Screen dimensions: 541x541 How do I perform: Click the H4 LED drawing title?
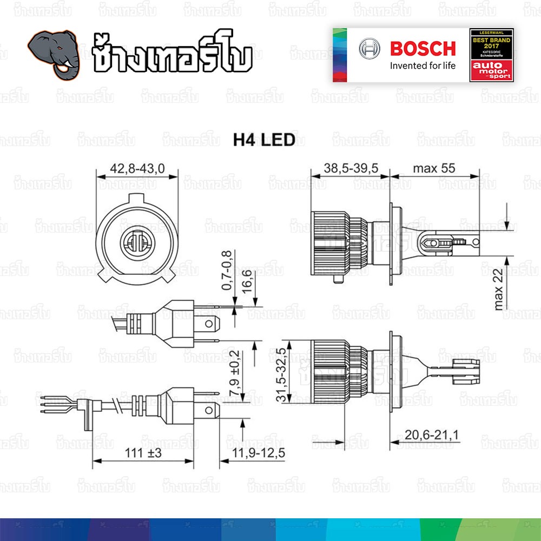(x=264, y=140)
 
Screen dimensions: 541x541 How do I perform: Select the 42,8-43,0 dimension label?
(x=137, y=169)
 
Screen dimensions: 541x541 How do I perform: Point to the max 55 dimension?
(x=434, y=168)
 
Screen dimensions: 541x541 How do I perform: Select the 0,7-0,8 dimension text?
(x=228, y=270)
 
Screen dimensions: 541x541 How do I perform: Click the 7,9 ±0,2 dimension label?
(x=234, y=373)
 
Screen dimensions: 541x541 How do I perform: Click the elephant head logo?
(x=55, y=52)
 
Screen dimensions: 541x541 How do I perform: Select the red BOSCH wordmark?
(x=423, y=49)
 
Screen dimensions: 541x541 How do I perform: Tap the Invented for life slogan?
(x=423, y=66)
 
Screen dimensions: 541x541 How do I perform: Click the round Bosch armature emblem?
(x=370, y=49)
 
